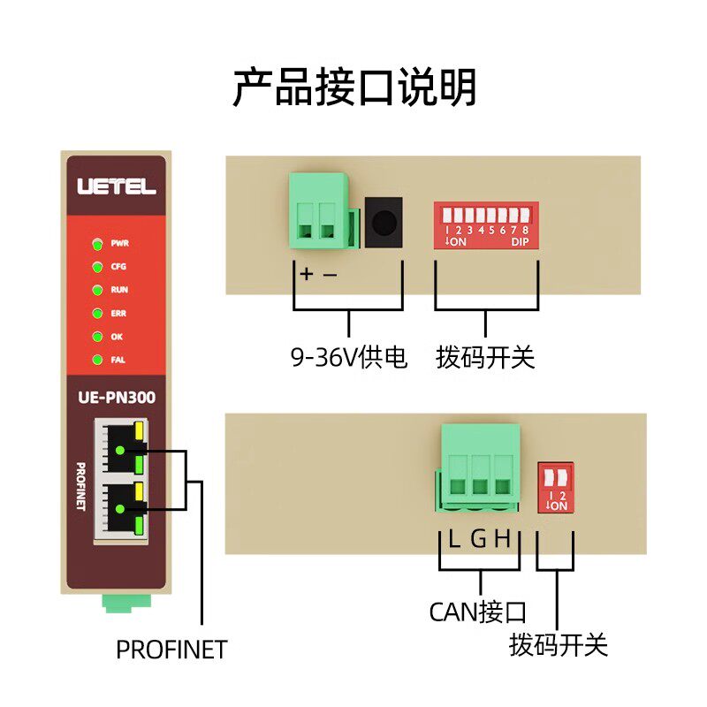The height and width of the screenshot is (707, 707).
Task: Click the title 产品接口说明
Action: [x=354, y=87]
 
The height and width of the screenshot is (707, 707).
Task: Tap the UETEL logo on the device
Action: [x=117, y=187]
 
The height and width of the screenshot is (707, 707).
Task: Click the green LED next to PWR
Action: [x=96, y=242]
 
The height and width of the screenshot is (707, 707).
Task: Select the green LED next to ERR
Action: [x=96, y=313]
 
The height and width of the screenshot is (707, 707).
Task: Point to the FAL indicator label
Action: [x=118, y=360]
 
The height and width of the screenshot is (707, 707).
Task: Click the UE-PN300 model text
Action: [x=116, y=398]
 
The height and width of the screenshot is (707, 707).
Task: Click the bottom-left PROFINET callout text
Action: [x=171, y=650]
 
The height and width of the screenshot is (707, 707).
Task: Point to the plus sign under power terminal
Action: [x=306, y=274]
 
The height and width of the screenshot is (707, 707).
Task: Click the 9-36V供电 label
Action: [x=349, y=358]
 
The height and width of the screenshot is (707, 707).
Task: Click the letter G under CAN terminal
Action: [x=478, y=539]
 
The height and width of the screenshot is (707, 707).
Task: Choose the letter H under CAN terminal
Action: [x=503, y=539]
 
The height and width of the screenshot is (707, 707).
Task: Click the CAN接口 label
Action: [x=477, y=612]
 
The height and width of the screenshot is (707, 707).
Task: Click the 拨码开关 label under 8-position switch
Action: [x=485, y=358]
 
